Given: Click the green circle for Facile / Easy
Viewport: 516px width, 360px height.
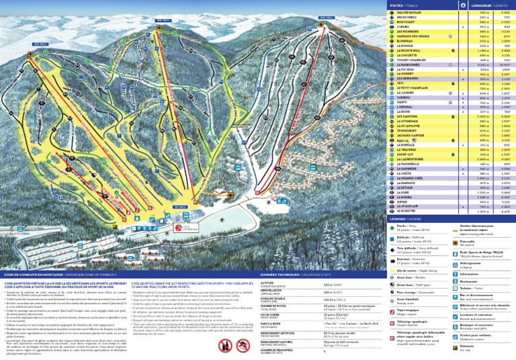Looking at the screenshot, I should tap(391, 228).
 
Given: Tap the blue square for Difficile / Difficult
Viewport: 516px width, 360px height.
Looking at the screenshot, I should tap(391, 238).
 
